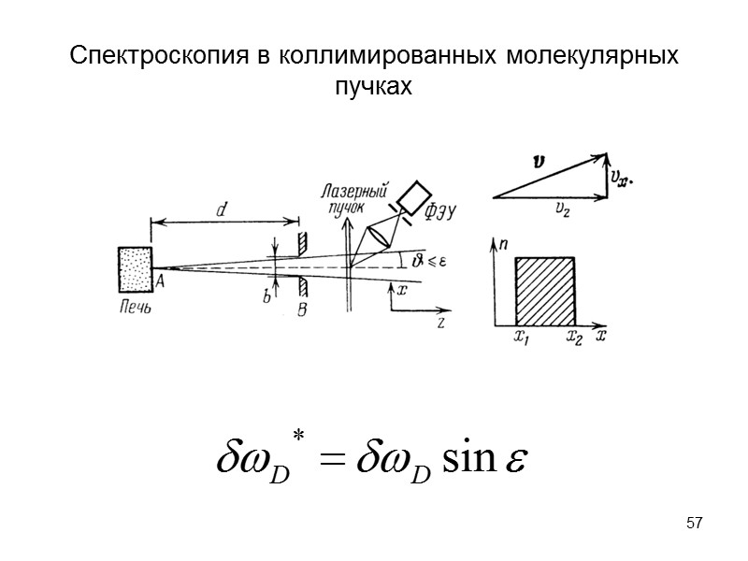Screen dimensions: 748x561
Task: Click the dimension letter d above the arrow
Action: click(222, 211)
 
